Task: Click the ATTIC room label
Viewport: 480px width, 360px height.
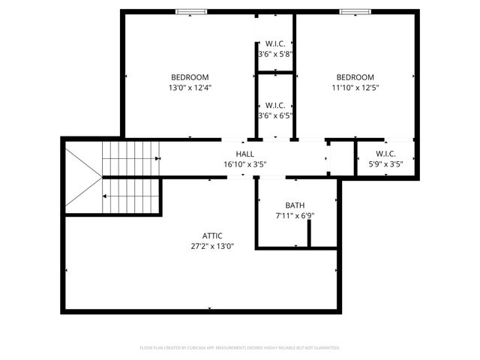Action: [212, 235]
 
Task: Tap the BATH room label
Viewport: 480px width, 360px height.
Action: [295, 205]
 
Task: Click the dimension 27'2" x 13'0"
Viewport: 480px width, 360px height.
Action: [212, 246]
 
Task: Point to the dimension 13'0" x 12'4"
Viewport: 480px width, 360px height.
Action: [190, 88]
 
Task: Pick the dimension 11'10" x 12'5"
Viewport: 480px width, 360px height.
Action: [355, 88]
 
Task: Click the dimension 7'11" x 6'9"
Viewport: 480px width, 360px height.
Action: [295, 216]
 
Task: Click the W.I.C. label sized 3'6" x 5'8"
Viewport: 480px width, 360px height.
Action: [274, 43]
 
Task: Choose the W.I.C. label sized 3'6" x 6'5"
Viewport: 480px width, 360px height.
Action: [274, 105]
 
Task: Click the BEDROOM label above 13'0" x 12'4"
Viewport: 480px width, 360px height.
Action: [190, 77]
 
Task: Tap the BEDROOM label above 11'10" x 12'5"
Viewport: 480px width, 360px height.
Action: [355, 77]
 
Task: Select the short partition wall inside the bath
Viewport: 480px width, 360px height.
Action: [309, 233]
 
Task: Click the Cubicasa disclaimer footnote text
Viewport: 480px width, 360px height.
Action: [240, 348]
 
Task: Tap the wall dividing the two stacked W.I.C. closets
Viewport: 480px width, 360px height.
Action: [274, 72]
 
